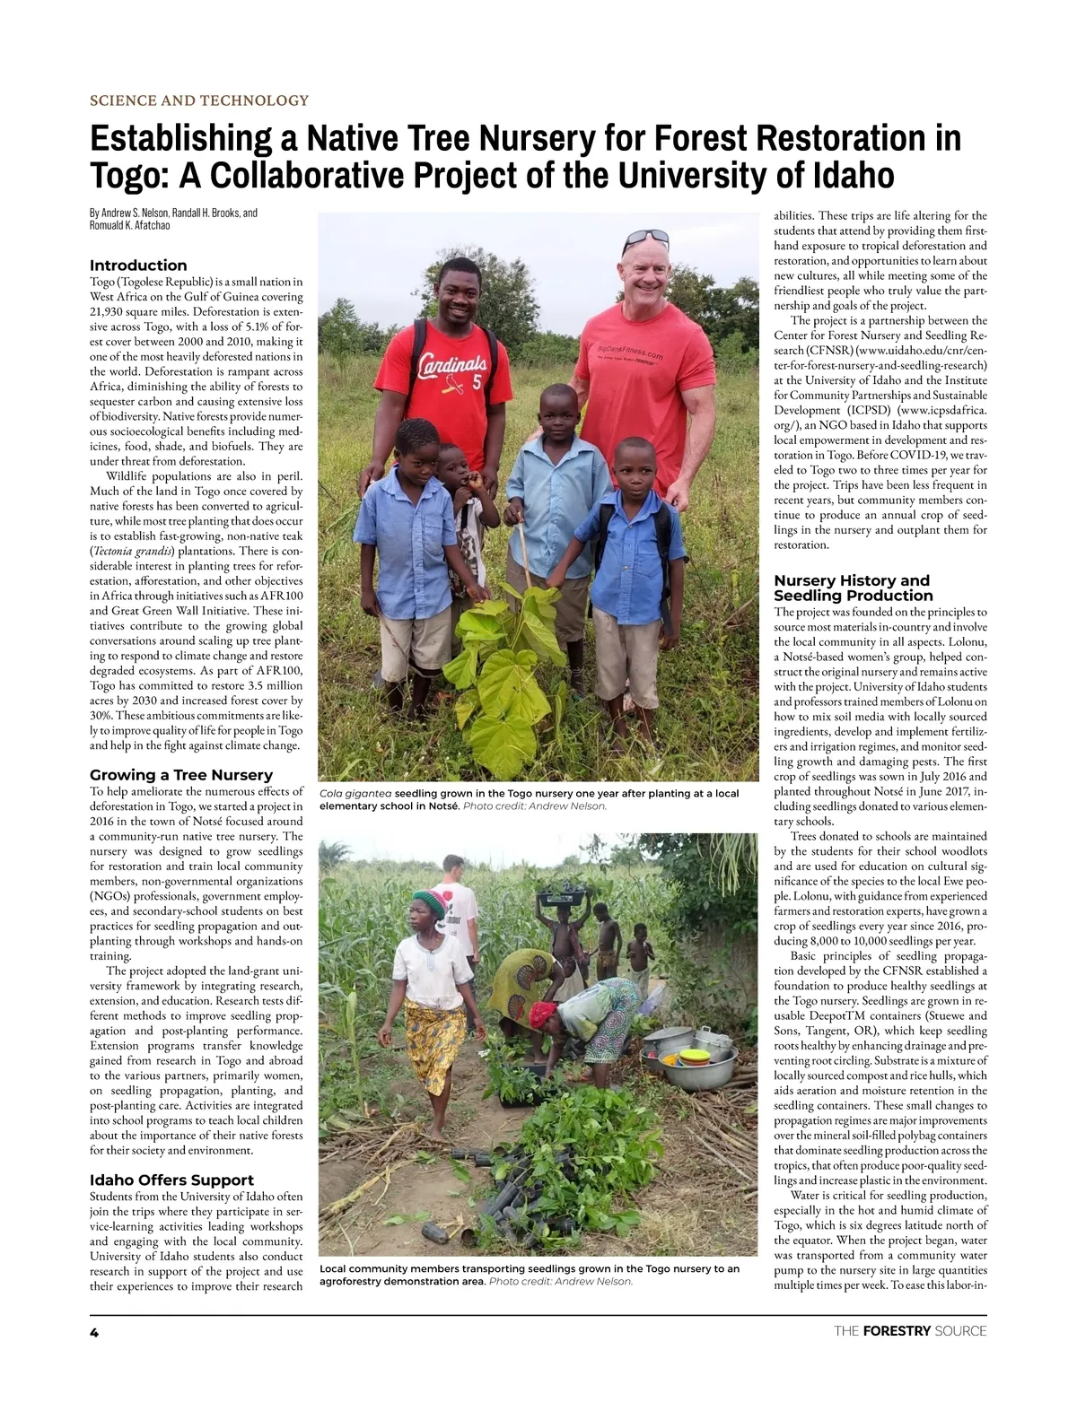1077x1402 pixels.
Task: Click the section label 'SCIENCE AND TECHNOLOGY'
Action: (199, 100)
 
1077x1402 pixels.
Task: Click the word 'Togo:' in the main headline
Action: (129, 175)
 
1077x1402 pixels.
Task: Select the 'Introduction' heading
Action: (138, 266)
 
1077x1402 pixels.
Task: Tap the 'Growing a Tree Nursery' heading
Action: (181, 775)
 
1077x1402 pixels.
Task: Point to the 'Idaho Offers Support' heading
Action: (171, 1180)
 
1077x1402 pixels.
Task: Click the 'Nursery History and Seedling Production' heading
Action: (853, 588)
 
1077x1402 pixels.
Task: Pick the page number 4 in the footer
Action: (93, 1331)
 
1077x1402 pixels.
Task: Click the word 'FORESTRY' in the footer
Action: (896, 1331)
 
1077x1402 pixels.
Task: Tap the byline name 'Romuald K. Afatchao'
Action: (130, 226)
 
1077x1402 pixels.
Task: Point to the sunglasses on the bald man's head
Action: (645, 238)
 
